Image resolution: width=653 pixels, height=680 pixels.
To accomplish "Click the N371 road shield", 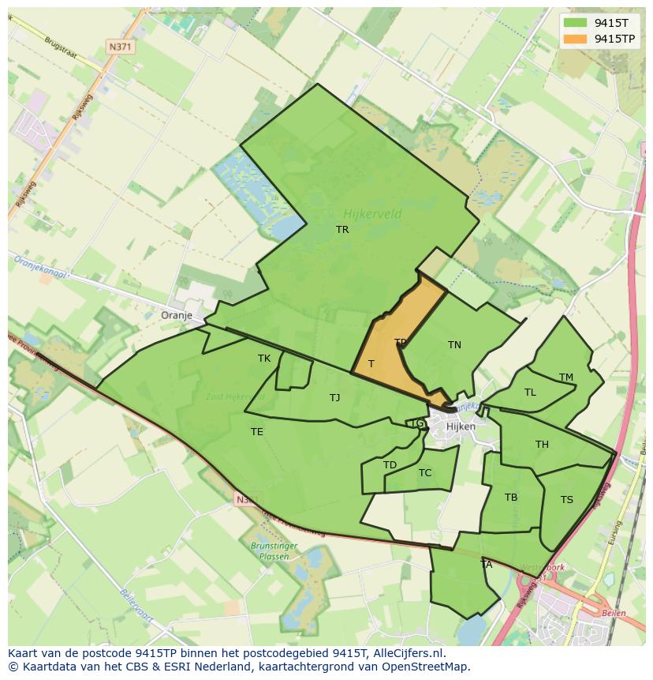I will coord(121,47).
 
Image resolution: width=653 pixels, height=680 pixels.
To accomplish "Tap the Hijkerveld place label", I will coord(372,213).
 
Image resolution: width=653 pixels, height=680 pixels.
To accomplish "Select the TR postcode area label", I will coord(342,230).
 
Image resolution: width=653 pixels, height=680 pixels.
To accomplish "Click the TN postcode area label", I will coord(454,345).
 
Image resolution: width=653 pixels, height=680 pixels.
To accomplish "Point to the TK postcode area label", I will coord(264,359).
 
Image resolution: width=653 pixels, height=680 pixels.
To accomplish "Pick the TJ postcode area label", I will coord(334,398).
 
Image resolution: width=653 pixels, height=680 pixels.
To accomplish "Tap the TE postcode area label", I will coord(257,432).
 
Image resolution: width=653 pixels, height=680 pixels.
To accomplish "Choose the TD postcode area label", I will coord(390,465).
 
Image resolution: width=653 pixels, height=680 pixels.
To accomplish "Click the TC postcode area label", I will coord(425,473).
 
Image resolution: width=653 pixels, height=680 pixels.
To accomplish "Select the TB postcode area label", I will coord(511,498).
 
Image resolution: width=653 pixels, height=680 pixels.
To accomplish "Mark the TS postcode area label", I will coord(567,500).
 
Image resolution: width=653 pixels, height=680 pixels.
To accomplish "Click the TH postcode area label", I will coord(542,445).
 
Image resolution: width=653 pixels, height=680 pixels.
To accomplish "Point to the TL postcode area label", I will coord(530,393).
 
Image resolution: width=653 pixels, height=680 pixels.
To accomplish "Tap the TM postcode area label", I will coord(566,378).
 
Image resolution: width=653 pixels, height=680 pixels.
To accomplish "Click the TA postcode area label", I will coord(487,565).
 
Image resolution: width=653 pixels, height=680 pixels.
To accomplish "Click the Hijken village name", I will coord(461,426).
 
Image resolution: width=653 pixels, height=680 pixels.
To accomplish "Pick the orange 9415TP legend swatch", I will coord(575,39).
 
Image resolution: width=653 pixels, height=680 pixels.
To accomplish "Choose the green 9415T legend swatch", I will coord(575,23).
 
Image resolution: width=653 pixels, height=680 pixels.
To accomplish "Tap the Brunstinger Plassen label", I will coord(269,551).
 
